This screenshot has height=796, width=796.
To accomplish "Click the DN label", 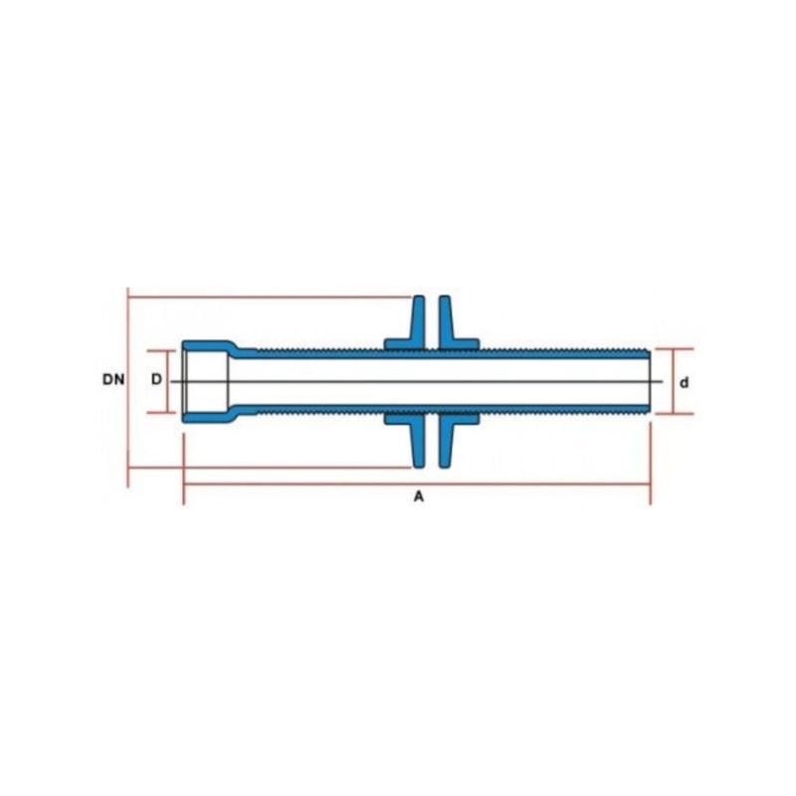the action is coord(113,379).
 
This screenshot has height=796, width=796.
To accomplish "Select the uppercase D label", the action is coord(156,379).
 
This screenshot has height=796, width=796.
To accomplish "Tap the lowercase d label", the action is coord(685,383).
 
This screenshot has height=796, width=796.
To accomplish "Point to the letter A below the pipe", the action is coord(418,497).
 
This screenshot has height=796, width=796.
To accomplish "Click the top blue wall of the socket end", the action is coord(208,345).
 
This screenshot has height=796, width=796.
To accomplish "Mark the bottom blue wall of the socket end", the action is coord(208,417).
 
